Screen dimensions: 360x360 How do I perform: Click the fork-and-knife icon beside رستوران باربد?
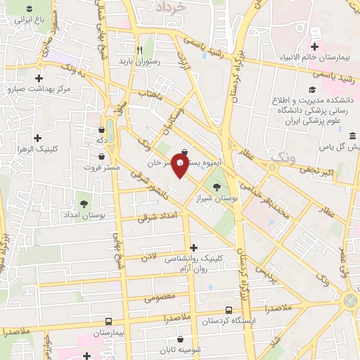(x=139, y=50)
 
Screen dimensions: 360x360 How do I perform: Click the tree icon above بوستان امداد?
(x=84, y=204)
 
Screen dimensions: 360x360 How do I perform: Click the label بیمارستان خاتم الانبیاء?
(x=316, y=58)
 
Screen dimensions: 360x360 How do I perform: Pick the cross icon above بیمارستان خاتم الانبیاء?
(x=315, y=46)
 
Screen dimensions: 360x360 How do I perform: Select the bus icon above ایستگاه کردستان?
(x=228, y=310)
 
